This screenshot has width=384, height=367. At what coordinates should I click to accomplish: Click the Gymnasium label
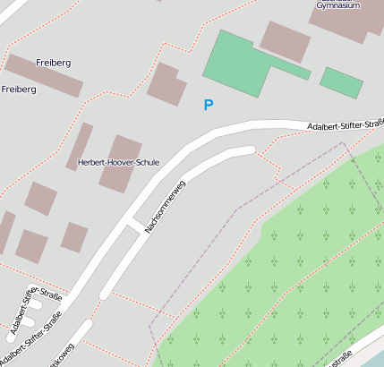[x=337, y=4]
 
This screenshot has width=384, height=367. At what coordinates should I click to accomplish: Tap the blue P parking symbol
[x=209, y=106]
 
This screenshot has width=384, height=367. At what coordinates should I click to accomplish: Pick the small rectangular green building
[x=342, y=81]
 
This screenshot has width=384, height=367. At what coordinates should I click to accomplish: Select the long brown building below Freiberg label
[x=43, y=76]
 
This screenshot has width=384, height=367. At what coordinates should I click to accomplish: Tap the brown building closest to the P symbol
[x=167, y=84]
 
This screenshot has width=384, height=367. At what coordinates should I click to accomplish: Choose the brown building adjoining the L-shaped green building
[x=286, y=41]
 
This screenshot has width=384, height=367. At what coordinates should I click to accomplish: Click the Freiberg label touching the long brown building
[x=53, y=63]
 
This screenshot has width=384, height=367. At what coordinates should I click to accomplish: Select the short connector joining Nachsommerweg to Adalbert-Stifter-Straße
[x=137, y=224]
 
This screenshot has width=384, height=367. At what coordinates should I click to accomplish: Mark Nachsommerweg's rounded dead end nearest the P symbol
[x=249, y=149]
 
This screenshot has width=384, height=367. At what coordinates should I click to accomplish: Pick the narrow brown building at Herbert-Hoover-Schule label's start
[x=80, y=145]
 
